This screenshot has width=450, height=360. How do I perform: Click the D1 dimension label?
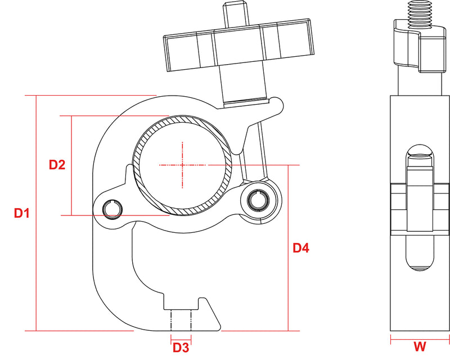click(x=22, y=213)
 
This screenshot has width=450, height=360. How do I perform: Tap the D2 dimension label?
click(x=57, y=165)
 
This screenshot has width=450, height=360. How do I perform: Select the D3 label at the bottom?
click(x=181, y=348)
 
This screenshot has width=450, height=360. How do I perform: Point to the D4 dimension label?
click(x=301, y=247)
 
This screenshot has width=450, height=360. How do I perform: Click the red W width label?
click(x=420, y=346)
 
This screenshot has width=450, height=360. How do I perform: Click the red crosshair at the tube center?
click(x=182, y=165)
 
